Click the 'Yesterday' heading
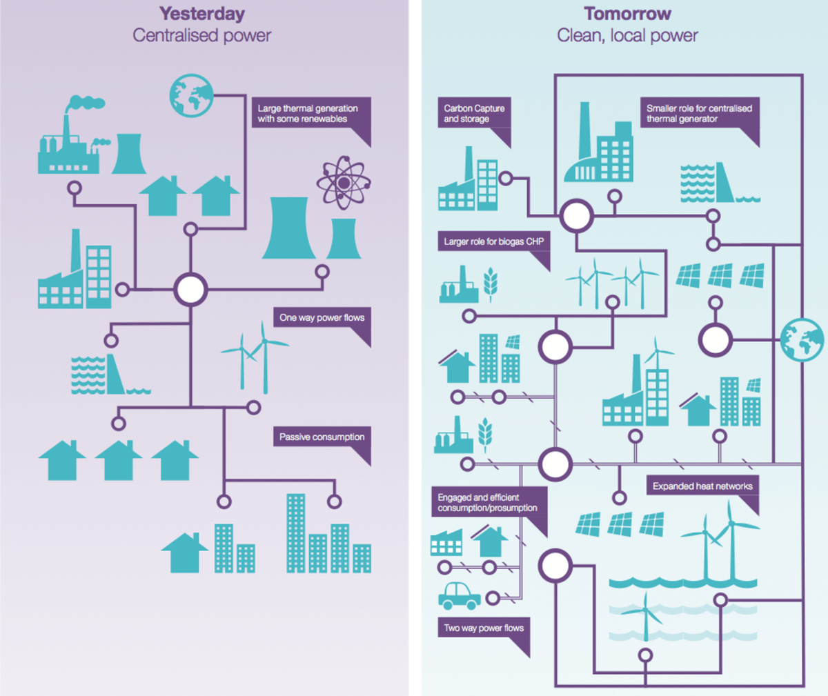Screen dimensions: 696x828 [201, 14]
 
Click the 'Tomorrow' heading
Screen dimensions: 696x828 [627, 14]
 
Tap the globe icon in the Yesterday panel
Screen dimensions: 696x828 [191, 95]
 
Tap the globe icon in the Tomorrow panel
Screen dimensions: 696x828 [802, 339]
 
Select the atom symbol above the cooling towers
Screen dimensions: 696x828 [343, 183]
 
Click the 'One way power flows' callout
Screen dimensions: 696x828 [322, 318]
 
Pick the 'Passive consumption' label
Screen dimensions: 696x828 [322, 437]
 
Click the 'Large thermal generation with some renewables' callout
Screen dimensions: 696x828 [308, 114]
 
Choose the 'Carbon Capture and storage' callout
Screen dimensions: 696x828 [474, 114]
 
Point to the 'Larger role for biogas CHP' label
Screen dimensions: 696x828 [493, 241]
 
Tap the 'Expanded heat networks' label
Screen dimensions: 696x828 [702, 486]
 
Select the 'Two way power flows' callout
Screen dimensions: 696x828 [484, 628]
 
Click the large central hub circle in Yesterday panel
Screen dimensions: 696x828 [190, 289]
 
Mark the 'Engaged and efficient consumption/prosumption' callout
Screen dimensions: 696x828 [488, 503]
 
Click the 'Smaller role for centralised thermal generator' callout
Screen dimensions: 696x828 [698, 114]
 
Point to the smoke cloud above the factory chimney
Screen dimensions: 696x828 [87, 103]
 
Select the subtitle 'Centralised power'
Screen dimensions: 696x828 [201, 36]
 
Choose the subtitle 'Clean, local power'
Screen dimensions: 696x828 [627, 36]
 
